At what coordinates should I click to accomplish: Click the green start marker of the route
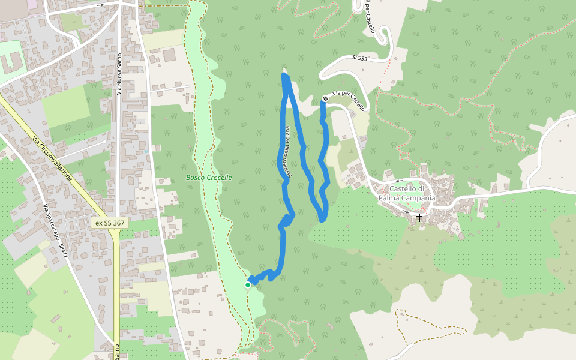click(248, 285)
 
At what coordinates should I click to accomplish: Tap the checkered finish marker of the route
click(325, 98)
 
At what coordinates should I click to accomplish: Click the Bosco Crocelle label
click(209, 178)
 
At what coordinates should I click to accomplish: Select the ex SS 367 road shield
click(110, 223)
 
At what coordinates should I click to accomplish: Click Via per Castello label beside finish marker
click(349, 100)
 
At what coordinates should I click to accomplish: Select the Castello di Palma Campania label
click(407, 194)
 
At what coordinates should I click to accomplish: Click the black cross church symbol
click(419, 217)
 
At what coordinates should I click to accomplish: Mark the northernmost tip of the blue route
click(284, 75)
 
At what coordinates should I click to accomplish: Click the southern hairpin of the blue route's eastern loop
click(322, 219)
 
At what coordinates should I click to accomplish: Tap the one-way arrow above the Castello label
click(399, 180)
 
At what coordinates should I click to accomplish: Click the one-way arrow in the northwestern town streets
click(101, 5)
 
